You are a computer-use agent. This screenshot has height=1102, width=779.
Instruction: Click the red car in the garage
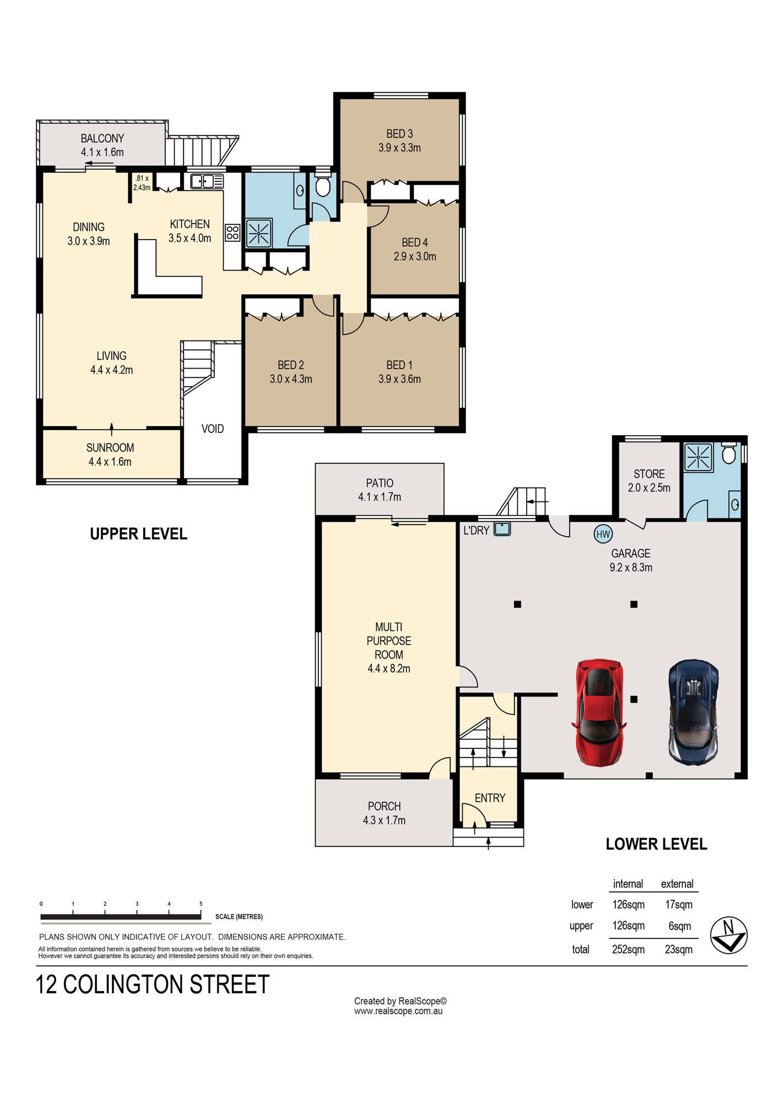pos(601,711)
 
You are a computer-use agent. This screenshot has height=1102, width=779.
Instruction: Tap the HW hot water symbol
pos(603,534)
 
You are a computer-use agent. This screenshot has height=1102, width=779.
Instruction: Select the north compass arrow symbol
pos(728,935)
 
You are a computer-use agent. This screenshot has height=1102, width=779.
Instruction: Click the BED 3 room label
pos(399,134)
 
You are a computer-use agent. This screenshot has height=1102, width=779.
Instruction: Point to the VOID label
pos(213,429)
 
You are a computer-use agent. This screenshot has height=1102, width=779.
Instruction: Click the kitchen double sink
pos(207,181)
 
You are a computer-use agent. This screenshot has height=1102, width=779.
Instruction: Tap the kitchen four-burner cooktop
pos(232,233)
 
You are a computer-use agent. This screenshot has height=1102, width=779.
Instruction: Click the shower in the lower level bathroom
pos(698,457)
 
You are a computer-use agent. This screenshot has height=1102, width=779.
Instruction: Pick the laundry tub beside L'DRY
pos(502,529)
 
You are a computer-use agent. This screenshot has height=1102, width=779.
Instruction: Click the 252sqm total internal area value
pos(628,949)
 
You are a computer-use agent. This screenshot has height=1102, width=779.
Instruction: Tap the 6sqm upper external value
pos(679,926)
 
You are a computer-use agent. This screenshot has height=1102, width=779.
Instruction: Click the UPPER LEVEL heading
pos(138,534)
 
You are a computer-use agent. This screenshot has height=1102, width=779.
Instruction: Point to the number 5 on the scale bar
pos(201,904)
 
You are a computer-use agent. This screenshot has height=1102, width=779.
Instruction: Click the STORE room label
pos(649,474)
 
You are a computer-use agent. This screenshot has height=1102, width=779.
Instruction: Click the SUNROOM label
pos(110,448)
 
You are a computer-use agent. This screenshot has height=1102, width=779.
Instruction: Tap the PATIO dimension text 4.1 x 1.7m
pos(380,497)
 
